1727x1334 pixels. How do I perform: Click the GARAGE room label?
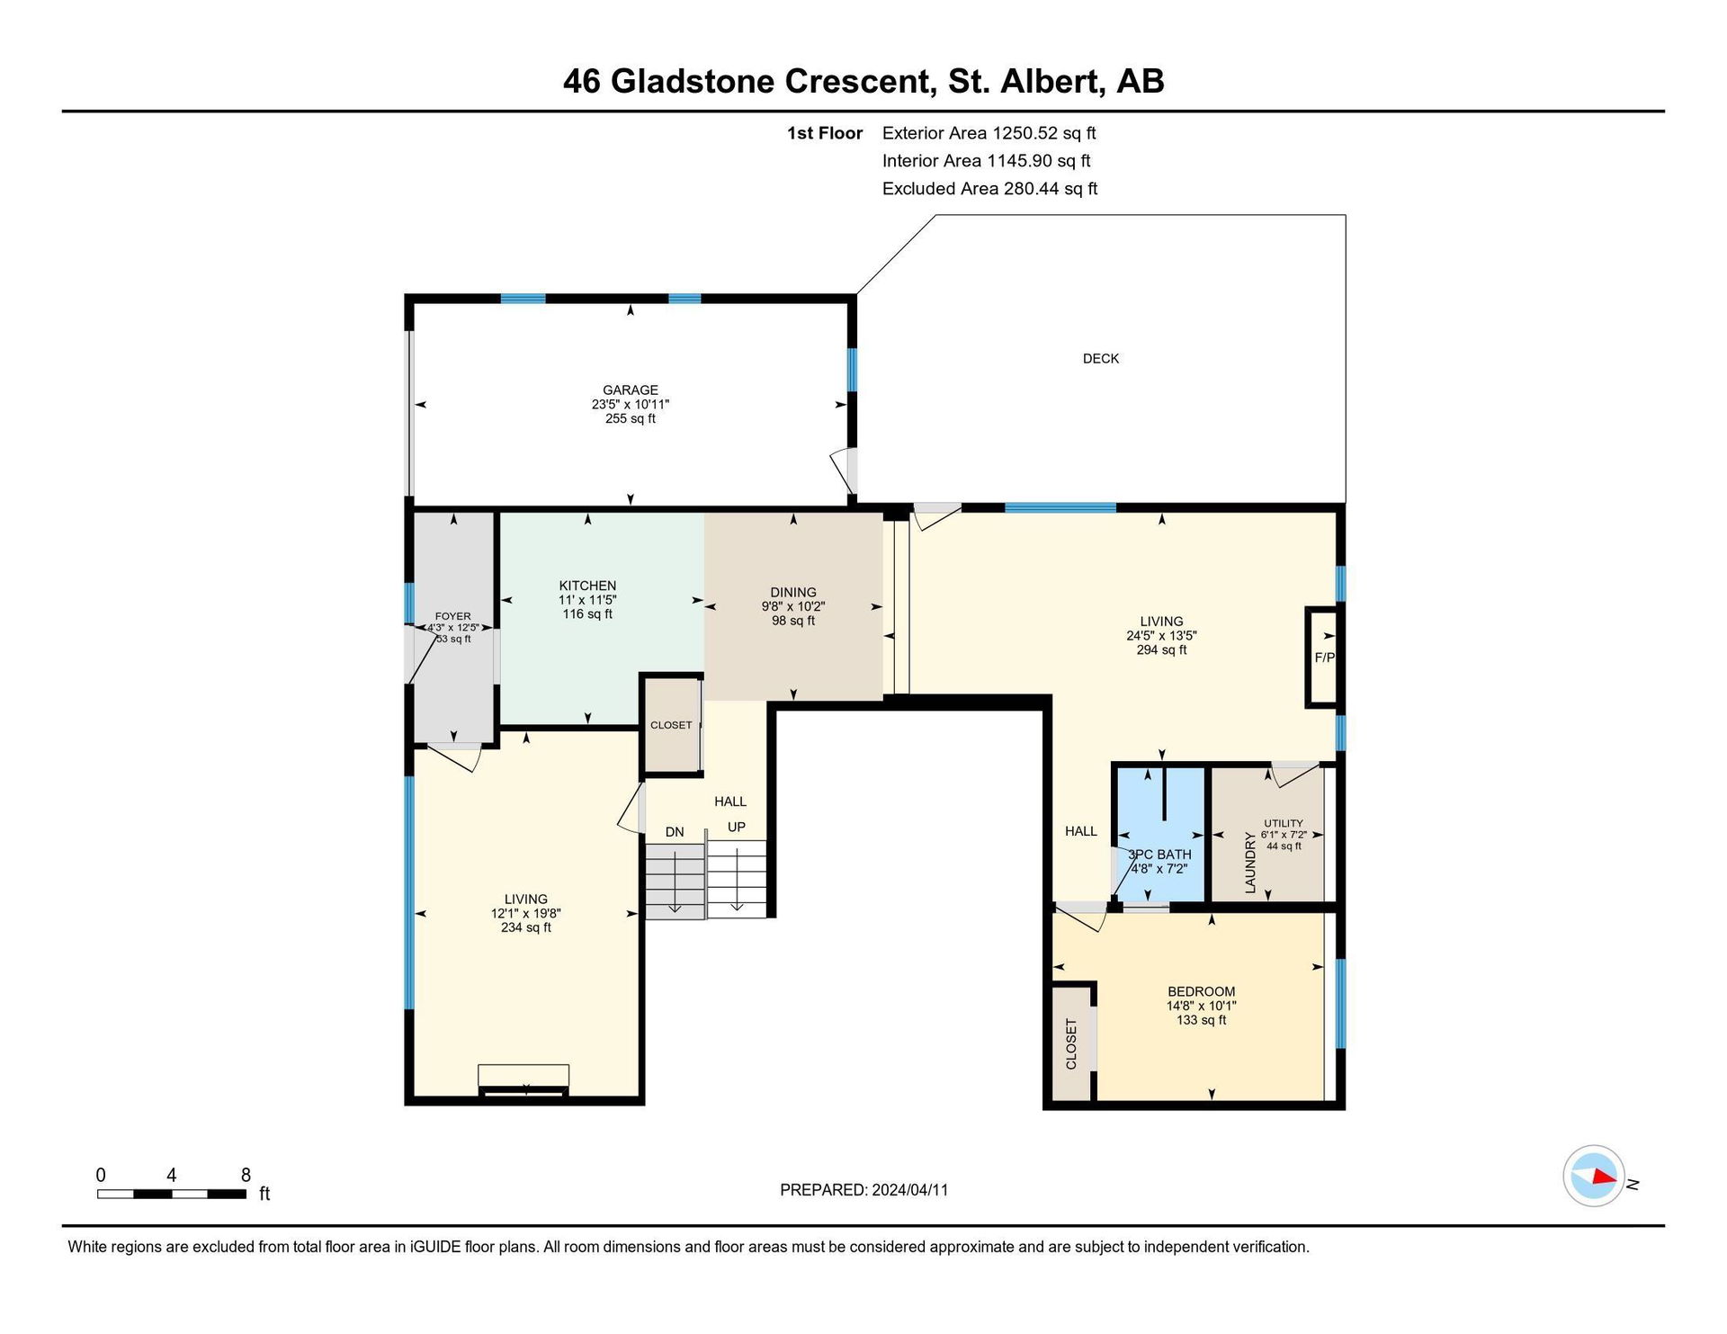[x=631, y=390]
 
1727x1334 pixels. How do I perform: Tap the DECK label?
[x=1101, y=359]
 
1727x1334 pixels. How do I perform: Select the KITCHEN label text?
[x=587, y=586]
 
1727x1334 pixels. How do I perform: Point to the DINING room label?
[x=793, y=592]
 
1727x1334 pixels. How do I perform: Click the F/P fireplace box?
[x=1322, y=658]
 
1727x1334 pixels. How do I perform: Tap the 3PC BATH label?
[x=1159, y=855]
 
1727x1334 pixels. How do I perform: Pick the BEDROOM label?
[x=1201, y=991]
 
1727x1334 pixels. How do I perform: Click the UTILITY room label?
[x=1284, y=823]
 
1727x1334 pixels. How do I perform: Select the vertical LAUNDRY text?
[x=1250, y=863]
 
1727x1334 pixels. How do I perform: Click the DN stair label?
[x=675, y=832]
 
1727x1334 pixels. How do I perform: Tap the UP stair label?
[x=737, y=828]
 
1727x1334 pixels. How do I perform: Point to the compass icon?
[x=1594, y=1176]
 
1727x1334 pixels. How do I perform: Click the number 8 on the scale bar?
[x=246, y=1175]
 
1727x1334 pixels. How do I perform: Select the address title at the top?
[x=863, y=81]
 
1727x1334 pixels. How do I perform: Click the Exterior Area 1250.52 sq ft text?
[x=989, y=133]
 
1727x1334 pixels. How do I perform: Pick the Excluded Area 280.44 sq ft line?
[x=990, y=189]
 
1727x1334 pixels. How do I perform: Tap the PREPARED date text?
[x=863, y=1190]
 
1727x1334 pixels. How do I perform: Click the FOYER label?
[x=452, y=616]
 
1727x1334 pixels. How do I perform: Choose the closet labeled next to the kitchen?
[x=671, y=725]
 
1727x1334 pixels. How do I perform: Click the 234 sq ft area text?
[x=526, y=927]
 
